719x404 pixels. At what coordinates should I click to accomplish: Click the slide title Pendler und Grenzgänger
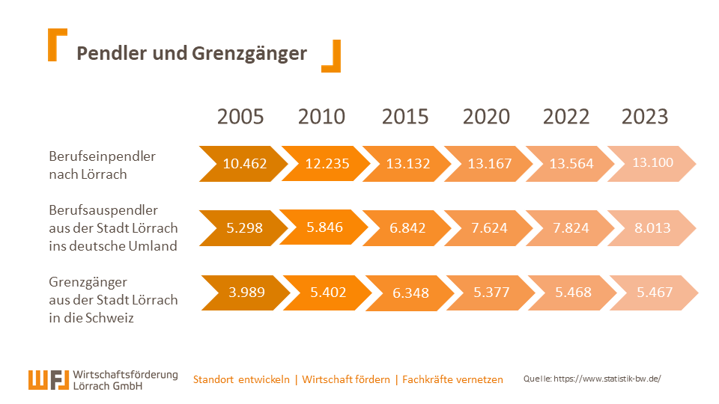(x=192, y=54)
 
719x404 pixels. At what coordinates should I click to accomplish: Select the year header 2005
(x=240, y=117)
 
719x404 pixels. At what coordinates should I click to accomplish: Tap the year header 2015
(x=405, y=117)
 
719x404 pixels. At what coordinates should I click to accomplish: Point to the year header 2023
(x=645, y=117)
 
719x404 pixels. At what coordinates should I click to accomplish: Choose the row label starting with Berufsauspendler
(x=113, y=228)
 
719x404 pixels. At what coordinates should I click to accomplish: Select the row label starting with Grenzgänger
(x=113, y=299)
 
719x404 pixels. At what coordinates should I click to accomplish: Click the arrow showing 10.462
(x=244, y=164)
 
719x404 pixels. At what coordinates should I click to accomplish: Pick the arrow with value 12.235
(x=327, y=164)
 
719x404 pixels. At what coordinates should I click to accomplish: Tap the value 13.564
(x=571, y=164)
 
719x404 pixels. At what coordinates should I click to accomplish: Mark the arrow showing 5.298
(x=244, y=228)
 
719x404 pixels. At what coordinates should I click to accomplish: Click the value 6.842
(x=408, y=228)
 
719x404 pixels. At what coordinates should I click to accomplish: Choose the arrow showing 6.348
(x=410, y=293)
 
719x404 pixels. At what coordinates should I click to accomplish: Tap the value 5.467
(x=655, y=293)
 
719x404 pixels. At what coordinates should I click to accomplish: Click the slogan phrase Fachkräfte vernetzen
(x=452, y=379)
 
